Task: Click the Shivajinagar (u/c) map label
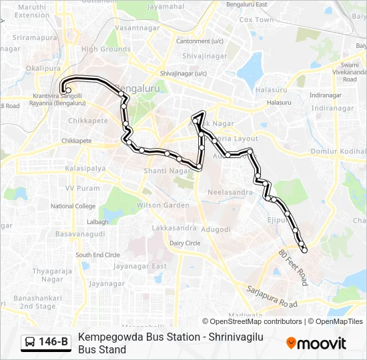click(183, 73)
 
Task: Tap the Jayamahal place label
click(165, 6)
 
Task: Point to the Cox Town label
click(256, 20)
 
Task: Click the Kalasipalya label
click(85, 168)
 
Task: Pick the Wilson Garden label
click(163, 205)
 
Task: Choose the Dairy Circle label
click(185, 243)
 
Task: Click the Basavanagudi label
click(79, 235)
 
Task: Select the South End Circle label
click(97, 255)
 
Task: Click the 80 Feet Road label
click(293, 264)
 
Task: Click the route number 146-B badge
click(46, 342)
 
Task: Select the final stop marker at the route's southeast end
click(305, 251)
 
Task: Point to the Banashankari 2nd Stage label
click(37, 301)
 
